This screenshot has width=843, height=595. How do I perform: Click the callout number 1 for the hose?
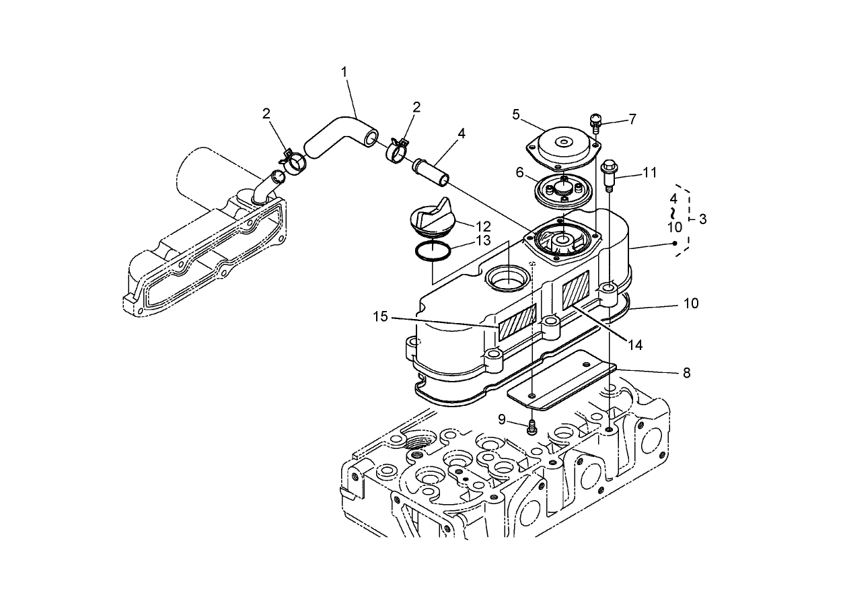coord(344,72)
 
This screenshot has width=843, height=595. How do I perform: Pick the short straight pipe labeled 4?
coord(431,172)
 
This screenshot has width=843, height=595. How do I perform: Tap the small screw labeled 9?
coord(532,427)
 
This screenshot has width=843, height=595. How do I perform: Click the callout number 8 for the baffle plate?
coord(687,373)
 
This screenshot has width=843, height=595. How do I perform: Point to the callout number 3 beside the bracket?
coord(702,219)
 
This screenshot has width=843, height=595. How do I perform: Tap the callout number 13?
coord(483,240)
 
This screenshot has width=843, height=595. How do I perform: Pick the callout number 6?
coord(519,172)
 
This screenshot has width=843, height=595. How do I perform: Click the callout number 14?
coord(635,345)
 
